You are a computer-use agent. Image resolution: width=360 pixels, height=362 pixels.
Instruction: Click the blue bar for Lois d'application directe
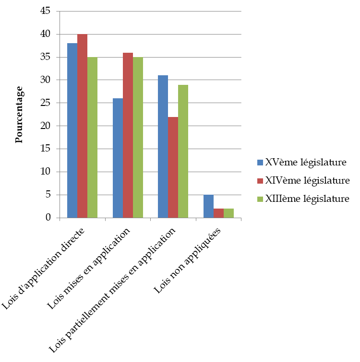72,130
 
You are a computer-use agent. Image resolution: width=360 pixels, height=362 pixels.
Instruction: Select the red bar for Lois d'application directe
82,126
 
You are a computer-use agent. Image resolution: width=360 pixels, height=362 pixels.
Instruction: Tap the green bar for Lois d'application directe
92,138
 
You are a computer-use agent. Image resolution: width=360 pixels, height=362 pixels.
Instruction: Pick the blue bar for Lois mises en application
118,158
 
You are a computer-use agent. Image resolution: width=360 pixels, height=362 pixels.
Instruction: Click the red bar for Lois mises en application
128,135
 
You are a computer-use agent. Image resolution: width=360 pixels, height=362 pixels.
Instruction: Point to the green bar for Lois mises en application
138,138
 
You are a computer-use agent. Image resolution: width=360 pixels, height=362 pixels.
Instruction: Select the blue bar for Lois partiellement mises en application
163,147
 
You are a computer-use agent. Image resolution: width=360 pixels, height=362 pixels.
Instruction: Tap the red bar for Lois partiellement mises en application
173,167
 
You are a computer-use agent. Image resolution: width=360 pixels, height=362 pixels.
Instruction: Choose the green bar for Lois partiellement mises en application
183,152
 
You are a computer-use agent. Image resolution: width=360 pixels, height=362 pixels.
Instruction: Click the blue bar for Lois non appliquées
208,206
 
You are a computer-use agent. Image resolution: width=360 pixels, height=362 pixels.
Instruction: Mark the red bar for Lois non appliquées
218,213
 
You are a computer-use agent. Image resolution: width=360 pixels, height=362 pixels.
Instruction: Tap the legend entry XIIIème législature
307,198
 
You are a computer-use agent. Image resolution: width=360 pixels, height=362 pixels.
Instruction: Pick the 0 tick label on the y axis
48,218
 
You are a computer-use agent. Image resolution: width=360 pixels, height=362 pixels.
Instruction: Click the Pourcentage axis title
19,115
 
